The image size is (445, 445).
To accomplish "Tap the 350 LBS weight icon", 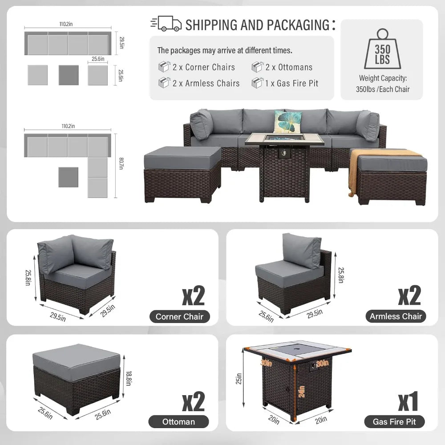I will (382, 49).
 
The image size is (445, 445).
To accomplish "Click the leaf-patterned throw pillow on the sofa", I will (287, 121).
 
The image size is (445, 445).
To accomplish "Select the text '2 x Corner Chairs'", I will (203, 67).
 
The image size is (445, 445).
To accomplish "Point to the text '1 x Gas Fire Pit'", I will (291, 83).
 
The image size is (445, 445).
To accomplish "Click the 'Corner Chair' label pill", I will (179, 317).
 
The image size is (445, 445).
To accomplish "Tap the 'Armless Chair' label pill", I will (396, 316).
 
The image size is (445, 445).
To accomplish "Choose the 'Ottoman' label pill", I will (178, 421).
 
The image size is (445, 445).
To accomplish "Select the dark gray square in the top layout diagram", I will (69, 75).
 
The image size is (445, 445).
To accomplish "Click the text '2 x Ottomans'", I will (289, 67).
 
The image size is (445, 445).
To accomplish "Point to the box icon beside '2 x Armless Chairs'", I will (163, 83).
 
